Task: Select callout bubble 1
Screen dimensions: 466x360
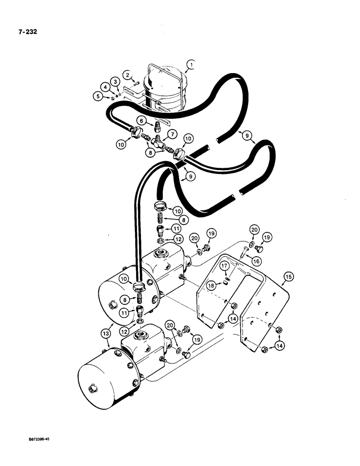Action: click(x=190, y=64)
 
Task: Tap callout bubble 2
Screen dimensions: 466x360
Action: click(x=126, y=74)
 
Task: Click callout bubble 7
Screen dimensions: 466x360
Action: click(x=173, y=134)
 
